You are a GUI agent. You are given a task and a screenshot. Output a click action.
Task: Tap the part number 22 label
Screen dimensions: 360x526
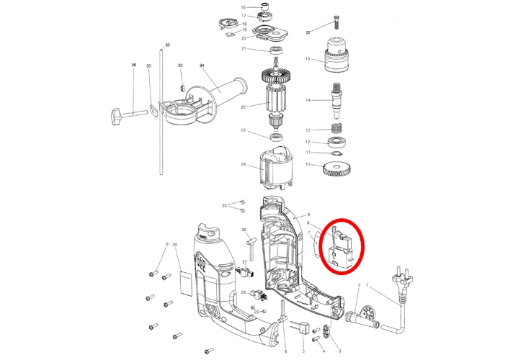point(244,107)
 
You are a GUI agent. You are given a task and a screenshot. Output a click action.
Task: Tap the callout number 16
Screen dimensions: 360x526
point(244,7)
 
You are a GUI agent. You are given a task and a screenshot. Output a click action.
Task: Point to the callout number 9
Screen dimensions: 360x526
point(308,215)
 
